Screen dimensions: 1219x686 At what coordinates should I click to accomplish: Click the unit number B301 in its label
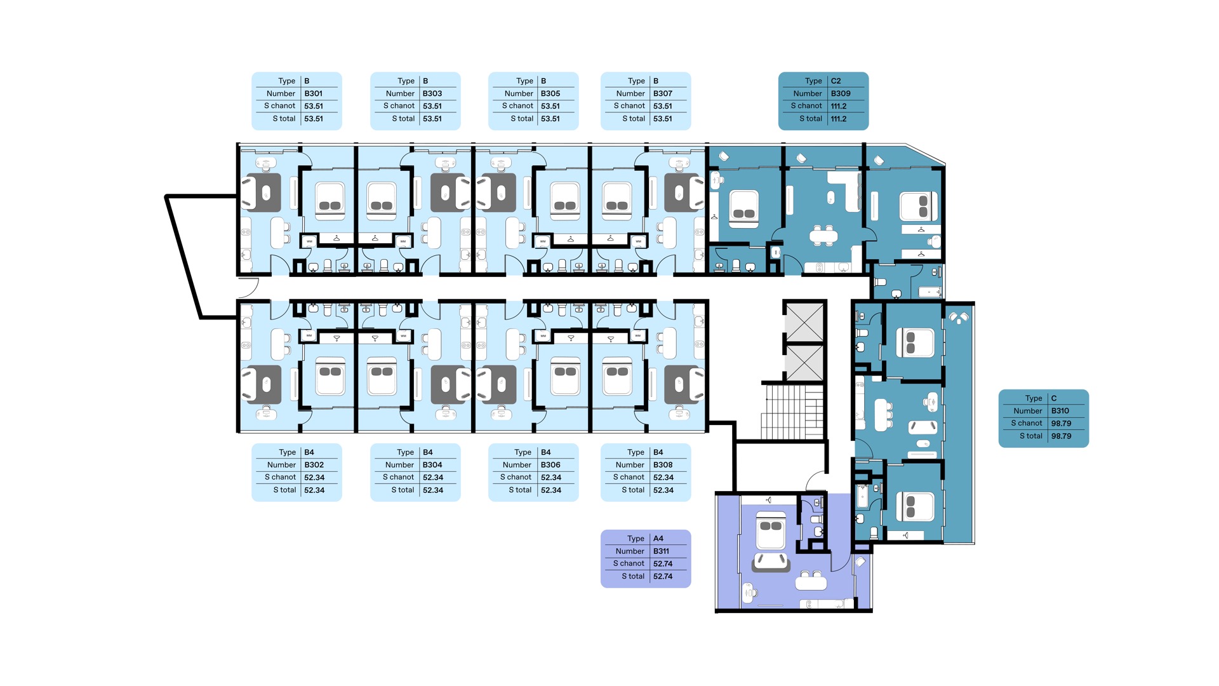[313, 93]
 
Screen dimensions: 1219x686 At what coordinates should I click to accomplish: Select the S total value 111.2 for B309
[839, 119]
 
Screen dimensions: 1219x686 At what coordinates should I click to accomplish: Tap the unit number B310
[1060, 411]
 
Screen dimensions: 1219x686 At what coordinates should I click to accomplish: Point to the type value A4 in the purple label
[658, 539]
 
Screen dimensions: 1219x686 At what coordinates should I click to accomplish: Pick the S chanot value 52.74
[663, 563]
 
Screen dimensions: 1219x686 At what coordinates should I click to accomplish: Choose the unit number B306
[550, 465]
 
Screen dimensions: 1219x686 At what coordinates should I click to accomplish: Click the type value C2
[836, 81]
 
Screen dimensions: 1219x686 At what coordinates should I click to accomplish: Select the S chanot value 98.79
[1061, 424]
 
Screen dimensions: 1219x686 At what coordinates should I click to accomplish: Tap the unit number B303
[432, 93]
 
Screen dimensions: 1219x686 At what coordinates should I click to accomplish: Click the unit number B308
[663, 465]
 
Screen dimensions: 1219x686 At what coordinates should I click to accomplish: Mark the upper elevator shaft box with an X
[804, 322]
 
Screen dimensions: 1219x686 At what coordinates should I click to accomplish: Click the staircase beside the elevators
[793, 412]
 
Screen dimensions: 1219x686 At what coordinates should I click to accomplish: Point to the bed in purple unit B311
[771, 532]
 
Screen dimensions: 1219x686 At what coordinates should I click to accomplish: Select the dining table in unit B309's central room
[823, 236]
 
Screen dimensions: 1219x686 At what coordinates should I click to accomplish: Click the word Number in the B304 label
[399, 465]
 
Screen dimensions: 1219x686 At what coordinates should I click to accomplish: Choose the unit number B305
[550, 93]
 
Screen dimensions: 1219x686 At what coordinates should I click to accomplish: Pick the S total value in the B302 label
[314, 490]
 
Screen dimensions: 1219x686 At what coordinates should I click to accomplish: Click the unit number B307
[663, 93]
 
